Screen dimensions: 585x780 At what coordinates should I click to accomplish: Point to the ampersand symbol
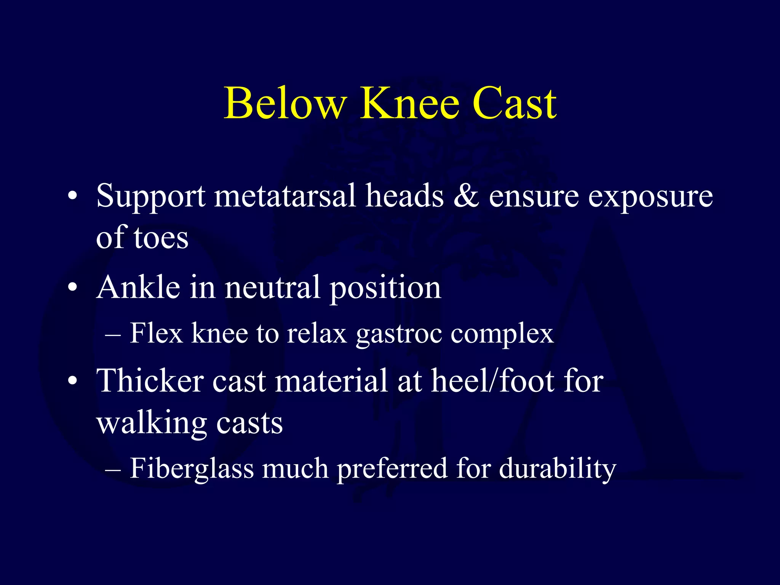(x=466, y=196)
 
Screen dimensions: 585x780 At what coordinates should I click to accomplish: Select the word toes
(x=161, y=238)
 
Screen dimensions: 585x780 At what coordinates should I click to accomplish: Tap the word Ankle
(x=138, y=288)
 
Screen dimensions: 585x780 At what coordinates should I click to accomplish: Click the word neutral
(x=272, y=288)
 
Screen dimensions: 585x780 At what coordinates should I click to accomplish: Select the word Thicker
(x=150, y=381)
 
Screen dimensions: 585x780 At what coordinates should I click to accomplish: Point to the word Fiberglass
(x=192, y=468)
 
